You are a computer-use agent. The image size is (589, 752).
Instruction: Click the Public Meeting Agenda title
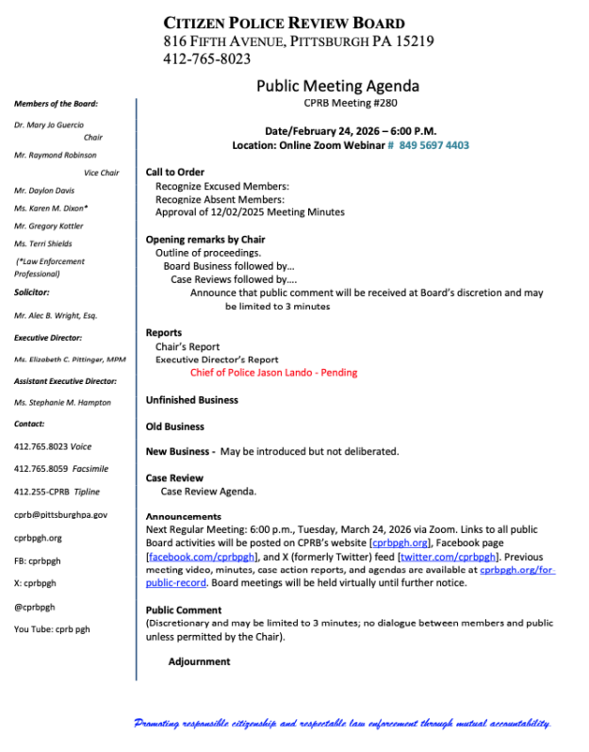337,86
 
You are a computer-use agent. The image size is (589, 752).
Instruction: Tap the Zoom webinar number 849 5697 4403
434,145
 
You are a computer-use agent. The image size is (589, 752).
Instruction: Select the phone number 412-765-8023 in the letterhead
206,58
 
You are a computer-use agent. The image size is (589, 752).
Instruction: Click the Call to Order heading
174,172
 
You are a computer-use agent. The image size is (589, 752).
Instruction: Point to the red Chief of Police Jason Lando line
273,373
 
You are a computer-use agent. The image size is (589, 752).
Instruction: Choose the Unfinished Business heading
191,400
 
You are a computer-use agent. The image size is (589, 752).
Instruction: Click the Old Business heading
174,426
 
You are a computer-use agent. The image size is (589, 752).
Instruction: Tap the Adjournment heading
199,661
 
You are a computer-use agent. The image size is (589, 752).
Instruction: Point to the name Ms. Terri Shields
42,243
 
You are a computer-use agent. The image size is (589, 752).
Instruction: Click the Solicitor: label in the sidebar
32,292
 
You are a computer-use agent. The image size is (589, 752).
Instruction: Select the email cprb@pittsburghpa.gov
60,514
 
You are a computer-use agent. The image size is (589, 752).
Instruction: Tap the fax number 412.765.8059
39,469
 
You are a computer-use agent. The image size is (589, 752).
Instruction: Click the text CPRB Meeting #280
337,103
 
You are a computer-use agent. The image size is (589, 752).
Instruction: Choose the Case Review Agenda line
208,492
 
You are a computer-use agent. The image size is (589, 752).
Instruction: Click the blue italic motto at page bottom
343,724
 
